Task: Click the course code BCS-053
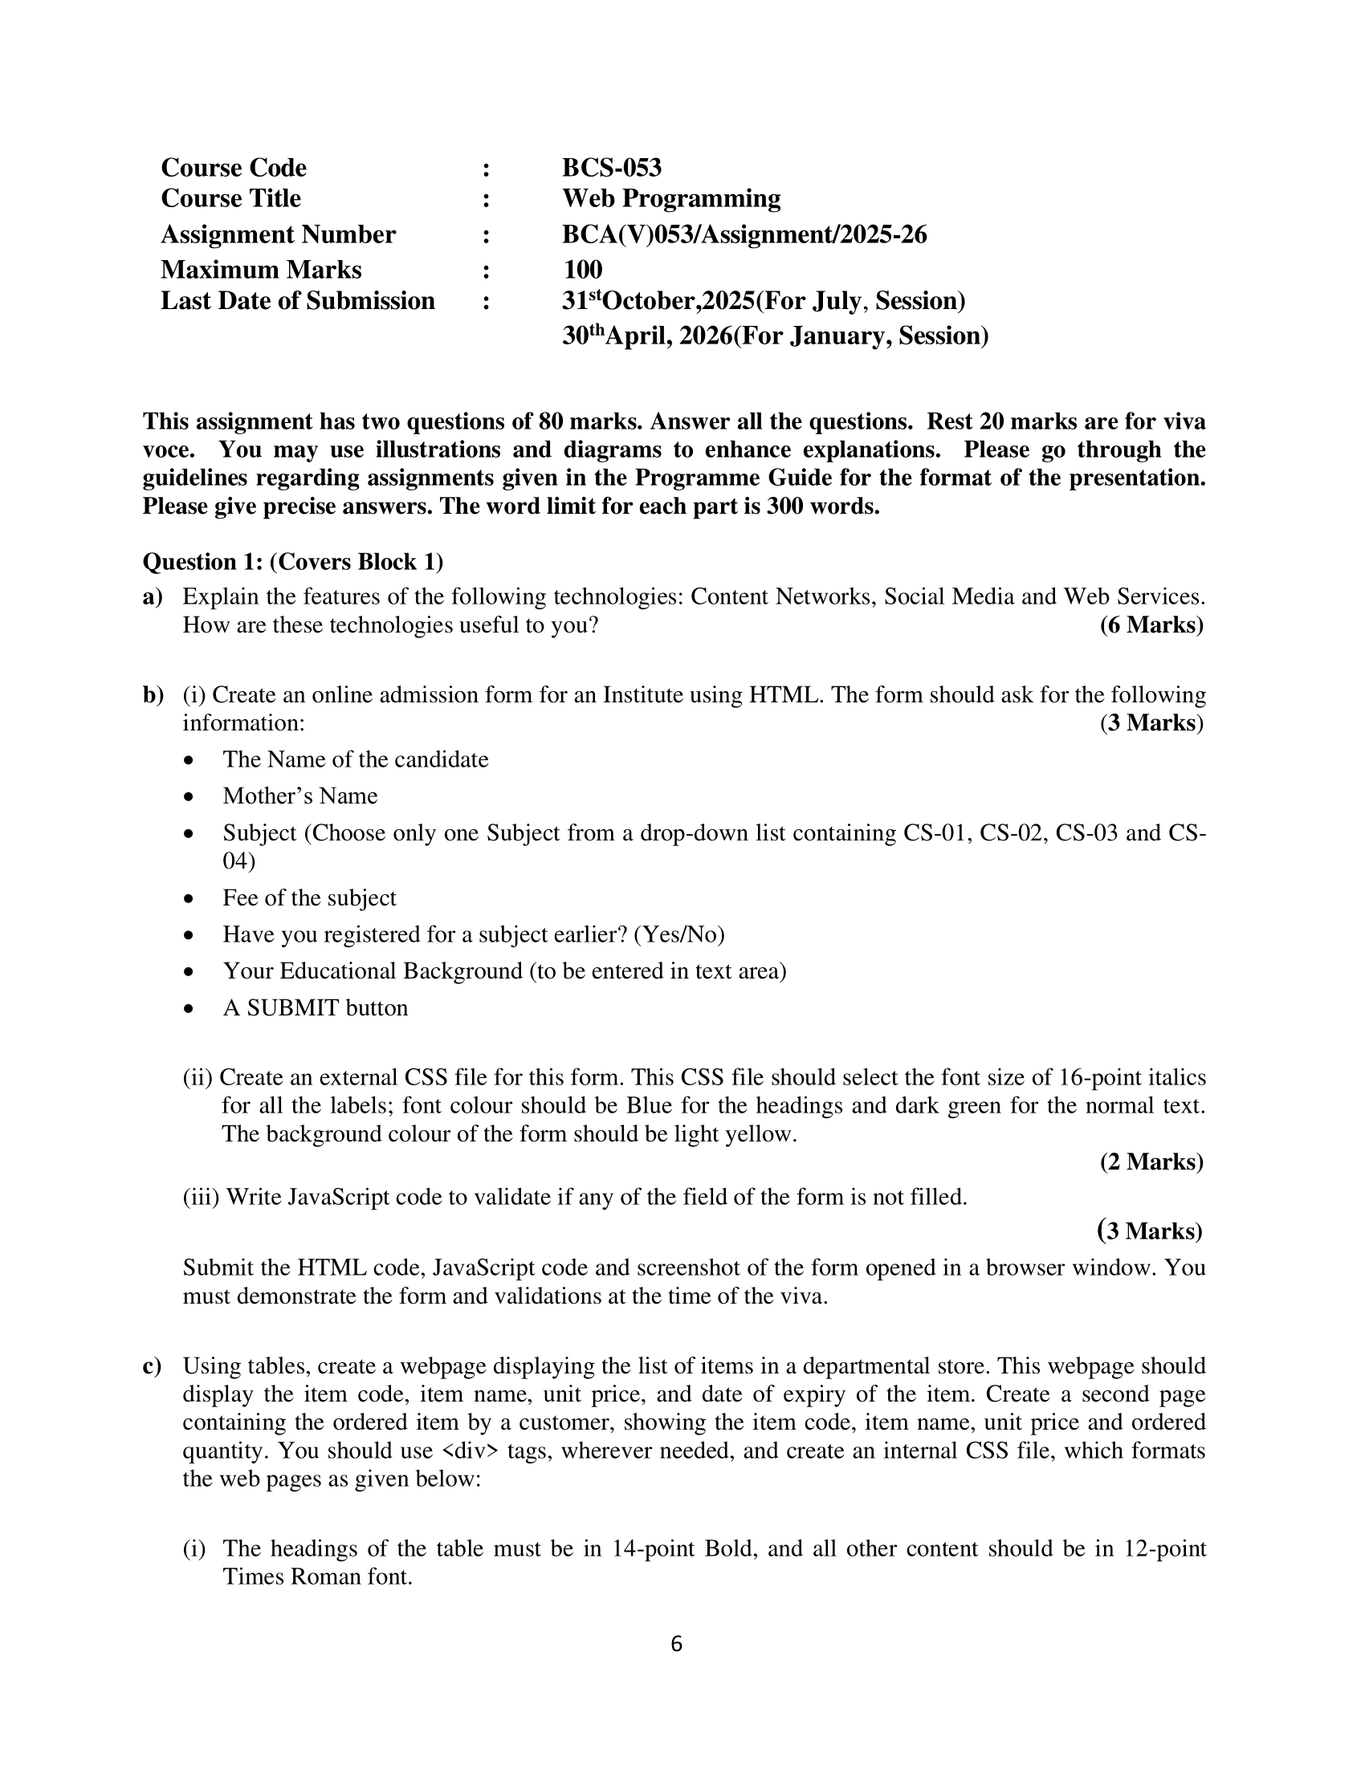611,168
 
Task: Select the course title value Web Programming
671,198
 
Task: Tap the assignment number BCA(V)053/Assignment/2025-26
744,234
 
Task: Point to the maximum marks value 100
582,269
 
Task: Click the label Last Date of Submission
298,301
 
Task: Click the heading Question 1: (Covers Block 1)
293,561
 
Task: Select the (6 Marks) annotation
1151,625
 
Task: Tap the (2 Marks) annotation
1151,1162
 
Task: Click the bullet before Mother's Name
189,797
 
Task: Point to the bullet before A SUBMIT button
189,1009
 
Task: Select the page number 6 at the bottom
677,1644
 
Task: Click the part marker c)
152,1365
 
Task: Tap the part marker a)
152,596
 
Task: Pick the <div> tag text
471,1451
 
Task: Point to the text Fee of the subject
309,898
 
